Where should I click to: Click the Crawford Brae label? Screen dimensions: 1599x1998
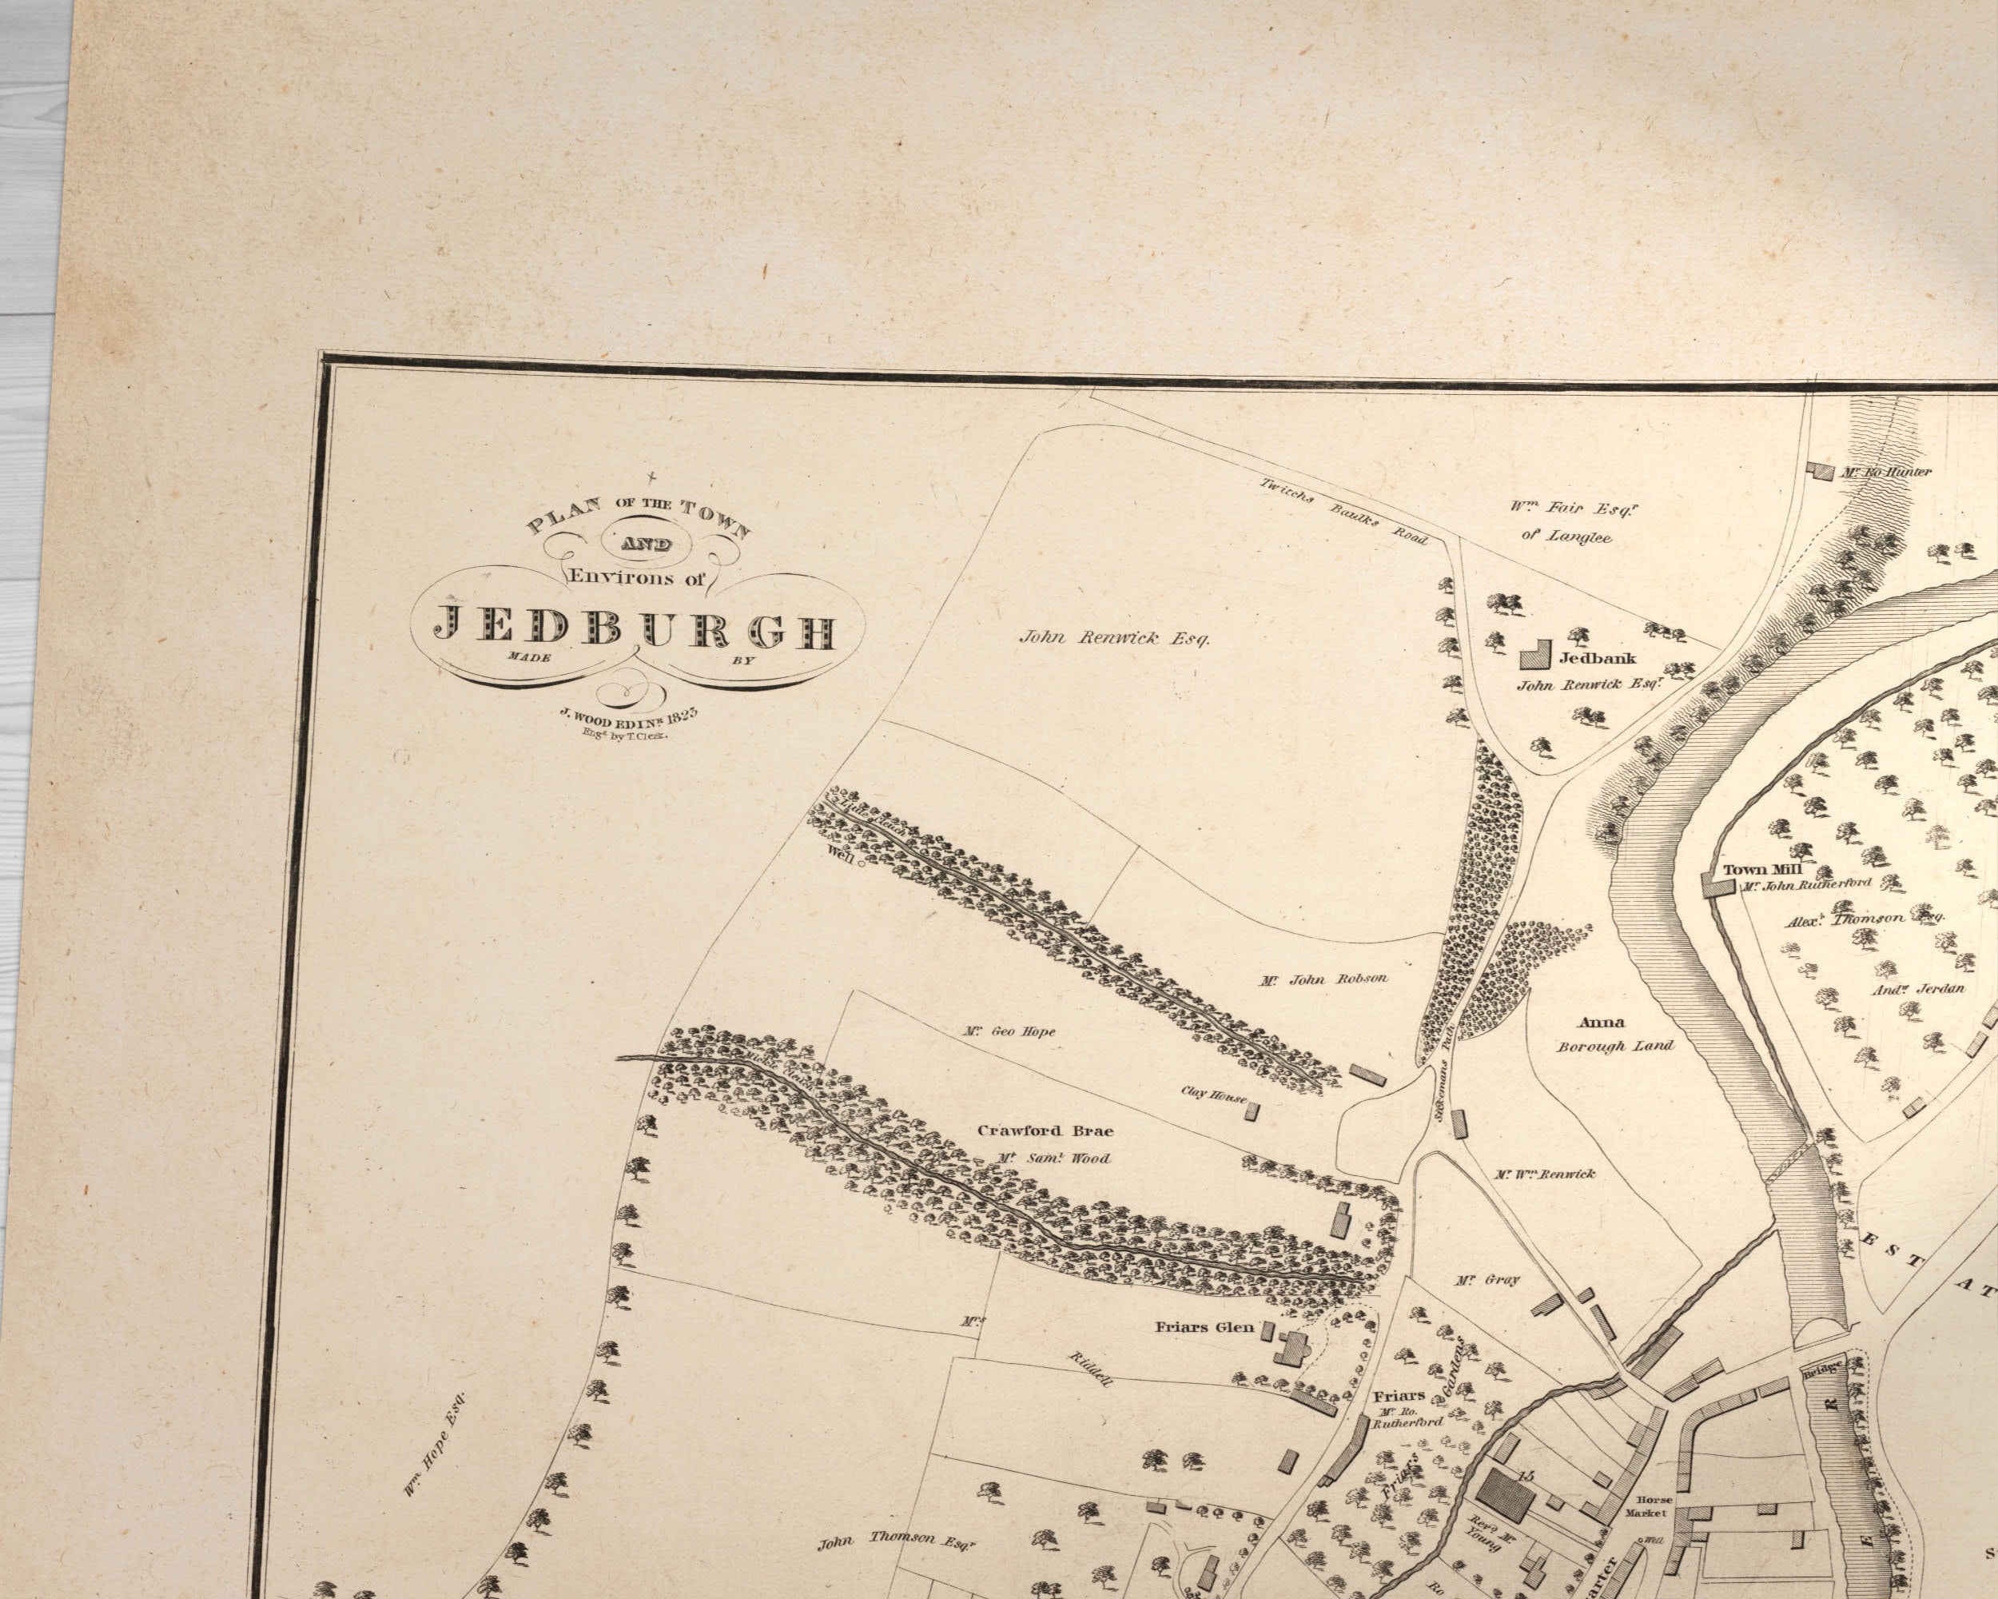tap(1045, 1130)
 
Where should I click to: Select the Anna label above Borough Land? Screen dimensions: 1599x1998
tap(1602, 1023)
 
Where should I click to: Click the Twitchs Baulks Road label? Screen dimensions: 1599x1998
tap(1343, 511)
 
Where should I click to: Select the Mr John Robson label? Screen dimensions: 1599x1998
tap(1323, 979)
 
